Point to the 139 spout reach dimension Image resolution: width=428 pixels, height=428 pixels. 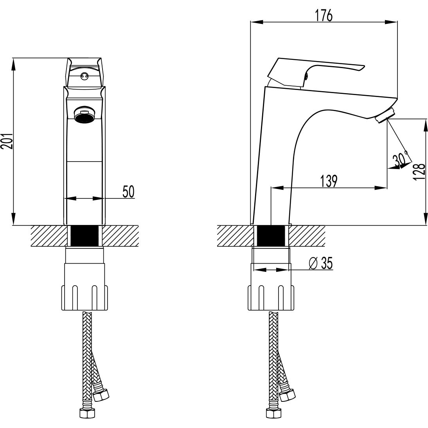329,181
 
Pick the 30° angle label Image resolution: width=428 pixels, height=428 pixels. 400,159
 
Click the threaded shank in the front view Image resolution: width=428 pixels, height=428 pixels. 85,236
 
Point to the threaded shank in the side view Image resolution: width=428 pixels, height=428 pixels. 272,236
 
